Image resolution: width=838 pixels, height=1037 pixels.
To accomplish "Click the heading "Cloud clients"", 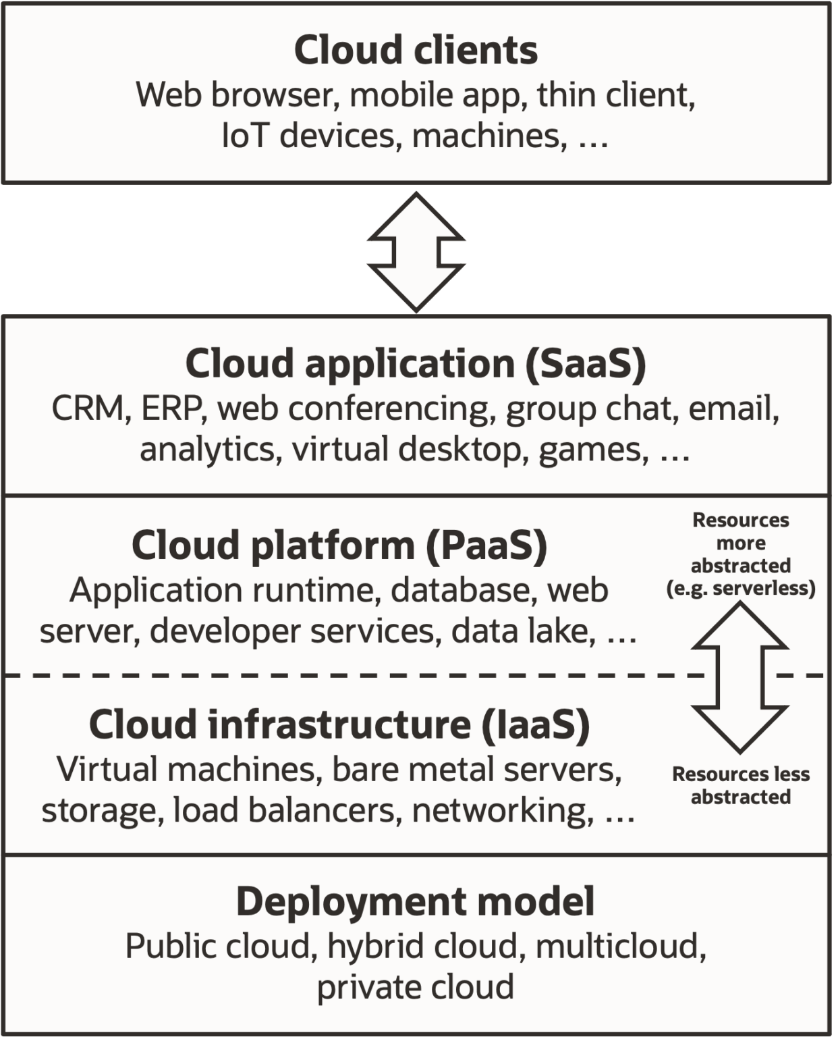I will coord(416,50).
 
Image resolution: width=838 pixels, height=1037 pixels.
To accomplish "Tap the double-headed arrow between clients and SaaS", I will coord(416,251).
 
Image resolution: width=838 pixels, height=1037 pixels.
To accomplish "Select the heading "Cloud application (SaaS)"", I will coord(416,363).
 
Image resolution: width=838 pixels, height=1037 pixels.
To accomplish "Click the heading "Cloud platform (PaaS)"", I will coord(339,545).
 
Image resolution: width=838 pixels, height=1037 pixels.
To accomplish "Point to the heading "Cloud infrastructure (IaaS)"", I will coord(339,724).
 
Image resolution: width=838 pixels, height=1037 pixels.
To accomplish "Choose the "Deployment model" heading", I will coord(416,901).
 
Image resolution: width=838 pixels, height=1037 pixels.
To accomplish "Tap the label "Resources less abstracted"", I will coord(740,785).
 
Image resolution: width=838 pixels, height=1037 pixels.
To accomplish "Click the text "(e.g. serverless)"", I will coord(740,588).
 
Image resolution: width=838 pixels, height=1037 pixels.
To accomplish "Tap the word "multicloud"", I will coord(620,946).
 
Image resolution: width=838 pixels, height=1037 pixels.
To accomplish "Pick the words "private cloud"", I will coord(416,986).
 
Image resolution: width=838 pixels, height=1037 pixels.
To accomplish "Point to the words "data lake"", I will coord(523,631).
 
